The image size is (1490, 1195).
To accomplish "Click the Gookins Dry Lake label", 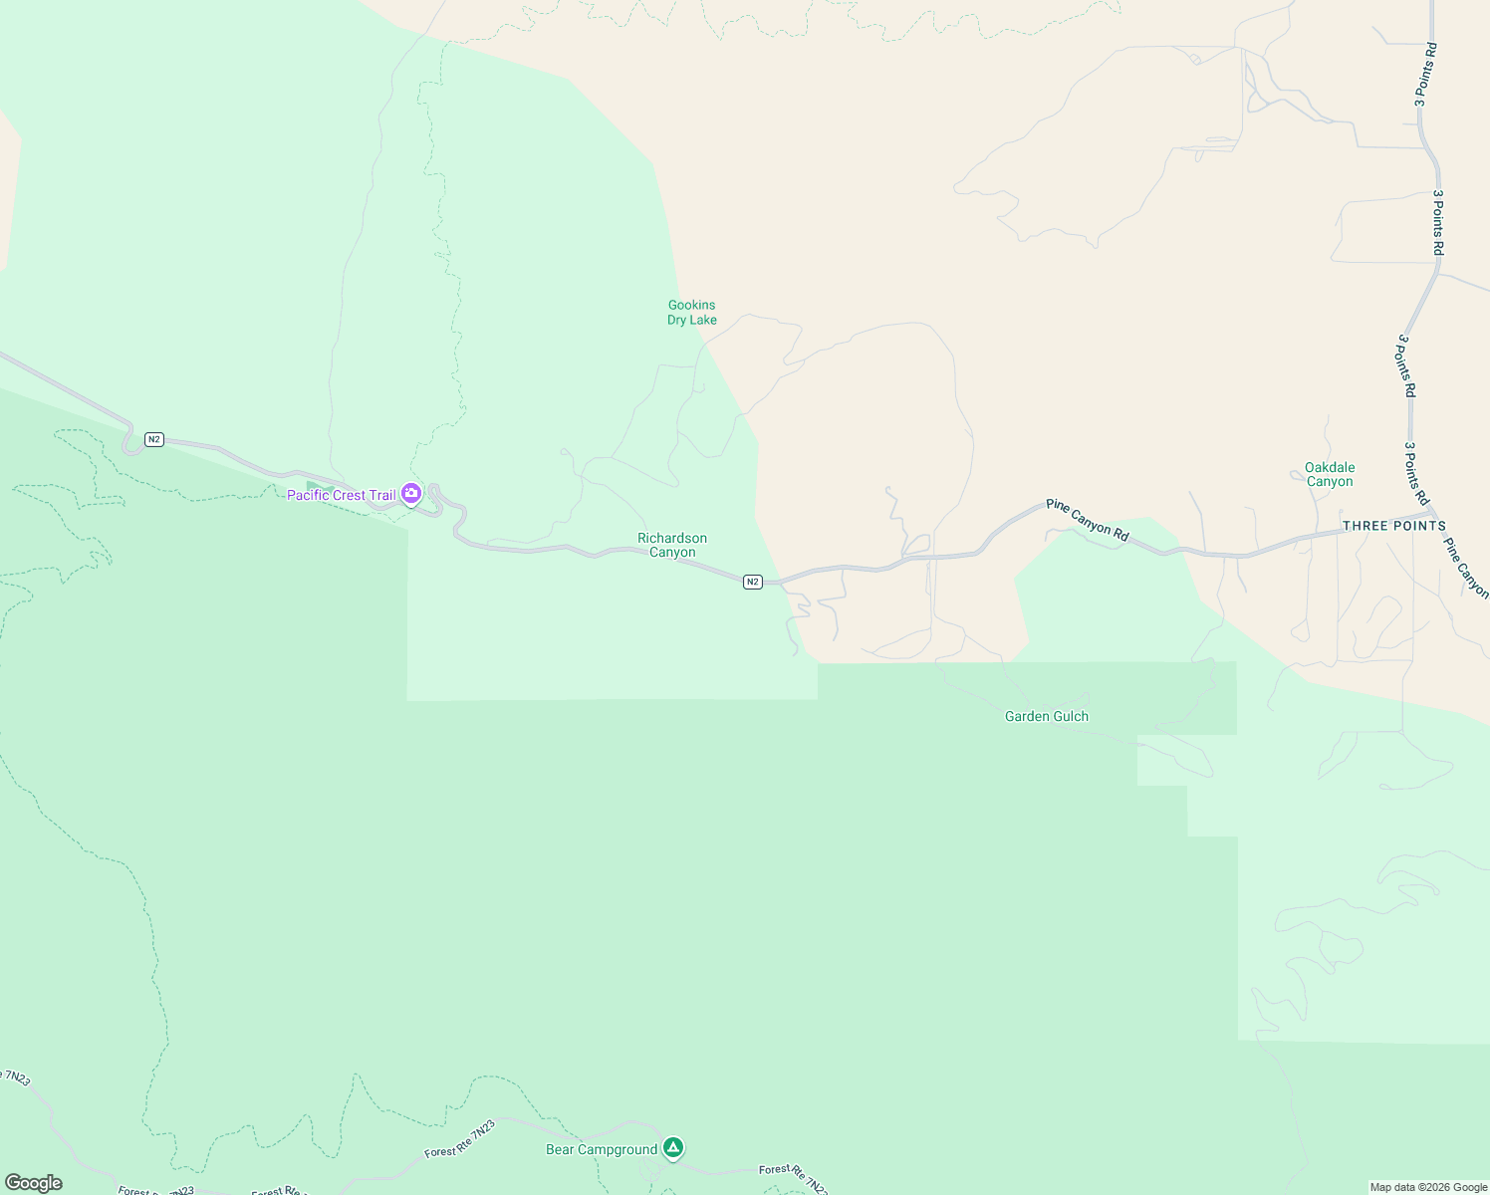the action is (691, 313).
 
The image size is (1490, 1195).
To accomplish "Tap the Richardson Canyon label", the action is (672, 545).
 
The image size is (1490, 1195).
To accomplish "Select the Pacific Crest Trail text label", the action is (341, 495).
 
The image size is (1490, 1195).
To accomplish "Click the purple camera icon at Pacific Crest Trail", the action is (410, 493).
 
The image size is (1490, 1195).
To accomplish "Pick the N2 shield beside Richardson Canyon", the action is (752, 582).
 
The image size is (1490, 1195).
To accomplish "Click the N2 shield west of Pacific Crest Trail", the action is (153, 439).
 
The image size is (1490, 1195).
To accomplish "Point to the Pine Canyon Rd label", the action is (1087, 521).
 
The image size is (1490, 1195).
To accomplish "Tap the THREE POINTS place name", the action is (1393, 526).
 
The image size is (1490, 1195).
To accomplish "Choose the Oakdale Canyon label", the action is (1330, 474).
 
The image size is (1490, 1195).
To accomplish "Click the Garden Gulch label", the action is (1046, 716).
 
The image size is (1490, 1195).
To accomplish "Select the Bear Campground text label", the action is (602, 1149).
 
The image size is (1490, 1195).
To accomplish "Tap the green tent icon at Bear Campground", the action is (673, 1148).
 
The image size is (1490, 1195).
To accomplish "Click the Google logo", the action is (33, 1183).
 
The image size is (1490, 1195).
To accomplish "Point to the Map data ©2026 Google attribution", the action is (1428, 1187).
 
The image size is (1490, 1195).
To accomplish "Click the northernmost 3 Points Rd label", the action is (1425, 75).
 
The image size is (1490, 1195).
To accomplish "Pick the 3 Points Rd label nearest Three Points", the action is (1416, 473).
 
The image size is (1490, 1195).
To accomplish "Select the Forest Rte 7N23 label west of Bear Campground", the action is (460, 1140).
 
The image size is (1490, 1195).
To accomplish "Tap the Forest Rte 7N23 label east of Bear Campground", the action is (794, 1178).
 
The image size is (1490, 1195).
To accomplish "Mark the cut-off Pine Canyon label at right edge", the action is (1466, 569).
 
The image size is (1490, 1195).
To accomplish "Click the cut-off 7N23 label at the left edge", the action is (16, 1076).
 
